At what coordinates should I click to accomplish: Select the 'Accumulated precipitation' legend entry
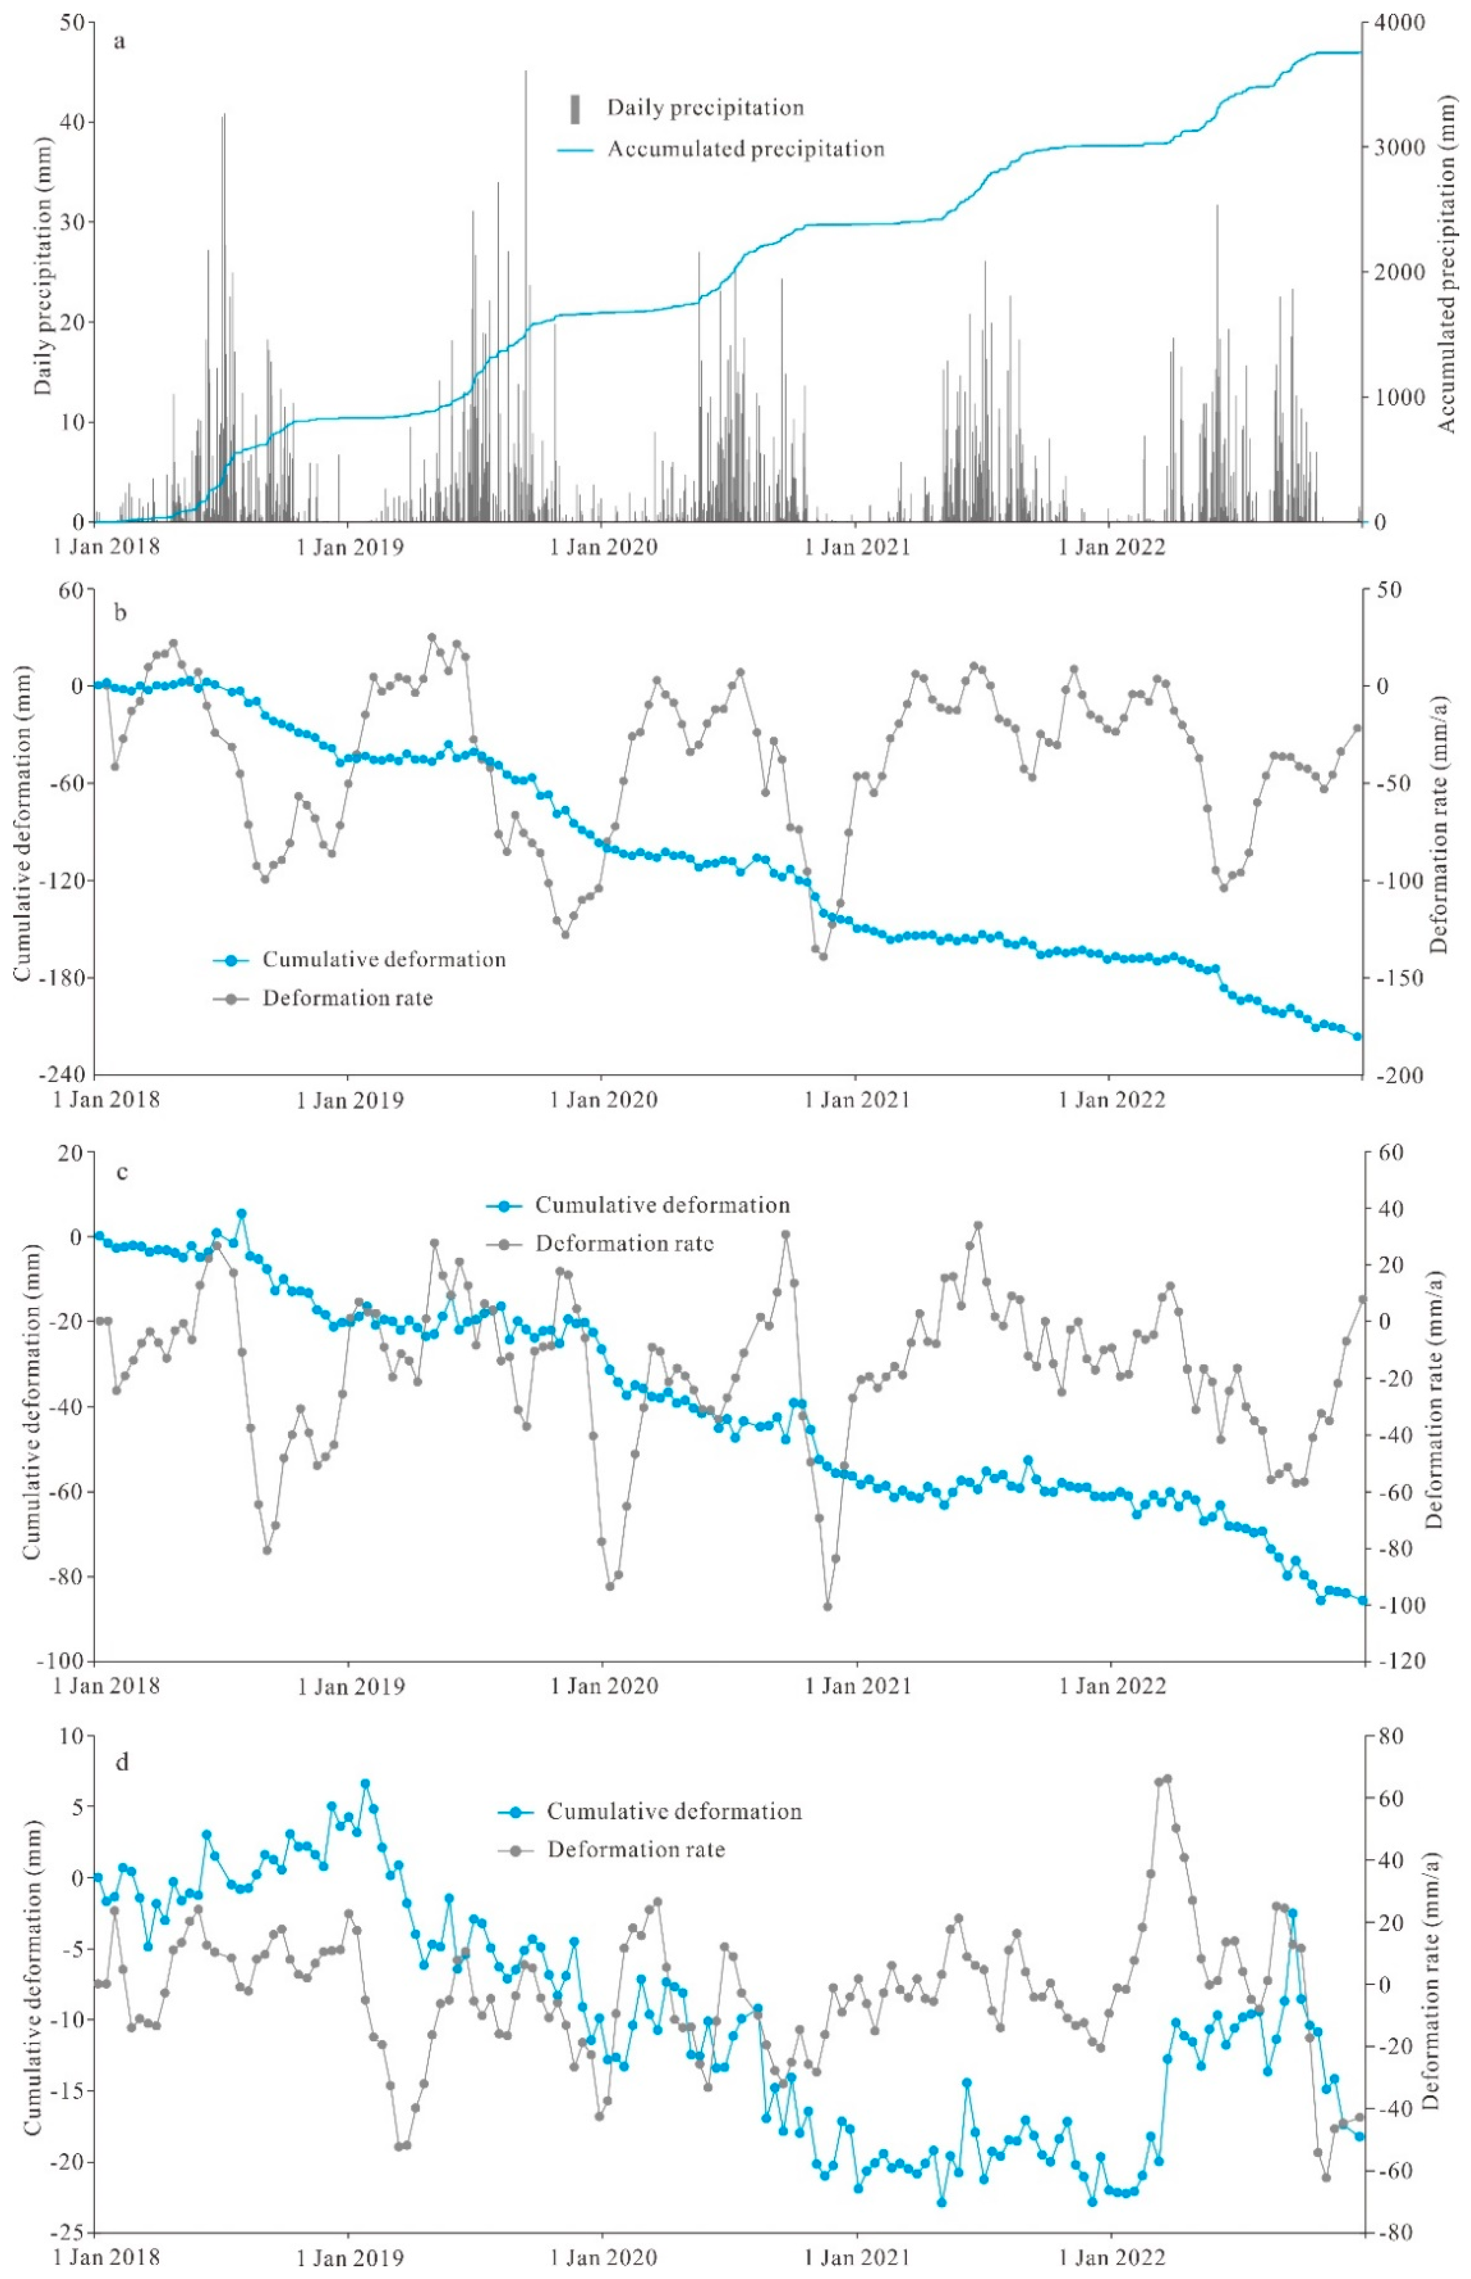tap(745, 149)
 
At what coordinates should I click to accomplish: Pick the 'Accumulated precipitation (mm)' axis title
tap(1445, 272)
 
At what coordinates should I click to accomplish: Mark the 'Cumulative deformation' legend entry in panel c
tap(661, 1205)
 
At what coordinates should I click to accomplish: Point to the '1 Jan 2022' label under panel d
tap(1112, 2258)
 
